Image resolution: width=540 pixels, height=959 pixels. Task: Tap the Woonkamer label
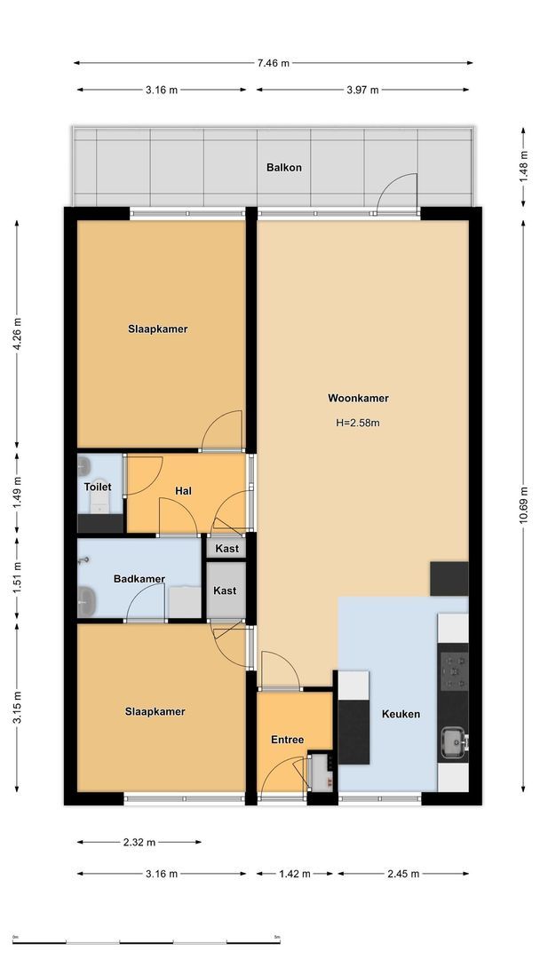coord(358,399)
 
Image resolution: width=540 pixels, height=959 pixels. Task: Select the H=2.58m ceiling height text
coord(358,423)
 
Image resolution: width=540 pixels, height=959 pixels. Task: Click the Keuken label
coord(401,713)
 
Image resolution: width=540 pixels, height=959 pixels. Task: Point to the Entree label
coord(288,740)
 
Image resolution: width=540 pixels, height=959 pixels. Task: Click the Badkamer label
coord(139,579)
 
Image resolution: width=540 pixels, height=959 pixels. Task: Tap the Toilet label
coord(98,487)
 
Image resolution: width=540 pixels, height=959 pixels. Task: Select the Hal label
coord(184,490)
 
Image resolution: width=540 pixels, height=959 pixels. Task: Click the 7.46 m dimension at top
coord(273,63)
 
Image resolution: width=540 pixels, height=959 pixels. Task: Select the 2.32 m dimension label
coord(139,842)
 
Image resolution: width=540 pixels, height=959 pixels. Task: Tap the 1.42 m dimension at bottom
coord(293,874)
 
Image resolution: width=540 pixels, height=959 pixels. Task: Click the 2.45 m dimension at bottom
coord(401,874)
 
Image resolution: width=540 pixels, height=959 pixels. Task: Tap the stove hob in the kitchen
coord(454,670)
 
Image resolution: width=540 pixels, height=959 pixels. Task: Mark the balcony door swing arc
coord(398,191)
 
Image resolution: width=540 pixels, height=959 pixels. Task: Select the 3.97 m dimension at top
coord(361,90)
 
